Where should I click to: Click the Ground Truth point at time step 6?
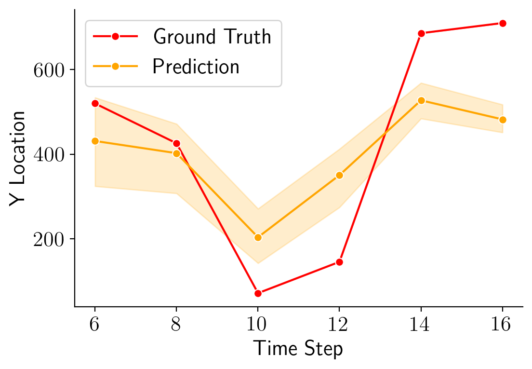point(95,104)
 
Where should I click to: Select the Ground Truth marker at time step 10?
point(258,293)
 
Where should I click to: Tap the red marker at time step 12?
point(339,262)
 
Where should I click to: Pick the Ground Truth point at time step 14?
point(421,33)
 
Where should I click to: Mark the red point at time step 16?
point(503,23)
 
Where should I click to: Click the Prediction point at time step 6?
point(95,141)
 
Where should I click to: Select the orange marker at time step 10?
point(258,237)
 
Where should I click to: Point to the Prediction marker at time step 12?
point(339,175)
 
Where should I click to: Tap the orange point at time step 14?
point(421,100)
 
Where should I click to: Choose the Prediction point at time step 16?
point(503,120)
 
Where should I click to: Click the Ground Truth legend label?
point(212,37)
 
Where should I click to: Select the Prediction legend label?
point(196,67)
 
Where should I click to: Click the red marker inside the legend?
point(115,37)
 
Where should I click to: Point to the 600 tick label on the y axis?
point(48,70)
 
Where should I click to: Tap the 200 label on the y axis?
point(48,239)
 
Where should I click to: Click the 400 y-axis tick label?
point(48,155)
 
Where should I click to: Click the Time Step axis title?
point(298,348)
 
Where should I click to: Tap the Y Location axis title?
point(18,158)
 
